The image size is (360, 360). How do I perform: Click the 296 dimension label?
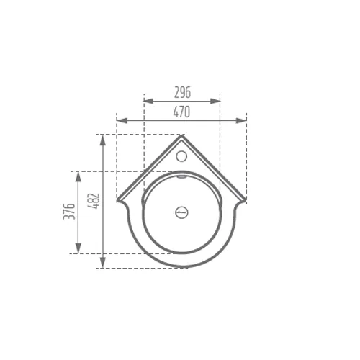pyautogui.click(x=182, y=92)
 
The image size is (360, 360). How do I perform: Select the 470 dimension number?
pyautogui.click(x=181, y=112)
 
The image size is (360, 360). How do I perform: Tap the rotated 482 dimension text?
pyautogui.click(x=94, y=201)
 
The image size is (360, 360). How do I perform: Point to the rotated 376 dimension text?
pyautogui.click(x=69, y=211)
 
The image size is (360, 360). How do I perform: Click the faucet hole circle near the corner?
pyautogui.click(x=181, y=156)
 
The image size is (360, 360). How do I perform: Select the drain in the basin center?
pyautogui.click(x=181, y=212)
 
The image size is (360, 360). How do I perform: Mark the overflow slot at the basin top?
pyautogui.click(x=181, y=177)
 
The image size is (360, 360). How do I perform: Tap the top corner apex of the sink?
pyautogui.click(x=181, y=135)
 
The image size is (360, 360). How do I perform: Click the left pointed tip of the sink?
pyautogui.click(x=117, y=200)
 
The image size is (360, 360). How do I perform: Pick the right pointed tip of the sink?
pyautogui.click(x=246, y=200)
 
